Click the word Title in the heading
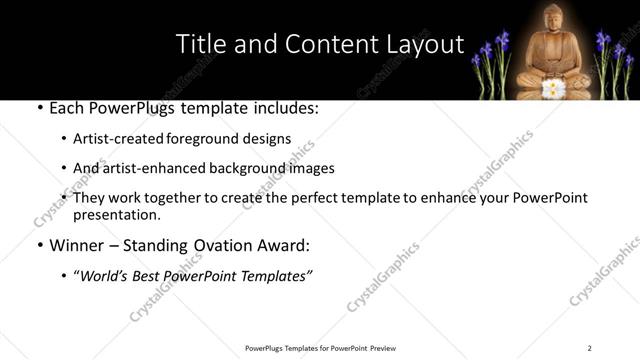pos(199,44)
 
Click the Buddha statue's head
pos(554,19)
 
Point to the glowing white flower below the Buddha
pos(552,89)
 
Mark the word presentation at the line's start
pos(116,215)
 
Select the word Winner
pos(76,245)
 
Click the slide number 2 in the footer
pos(589,347)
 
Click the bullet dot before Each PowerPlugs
pos(38,107)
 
